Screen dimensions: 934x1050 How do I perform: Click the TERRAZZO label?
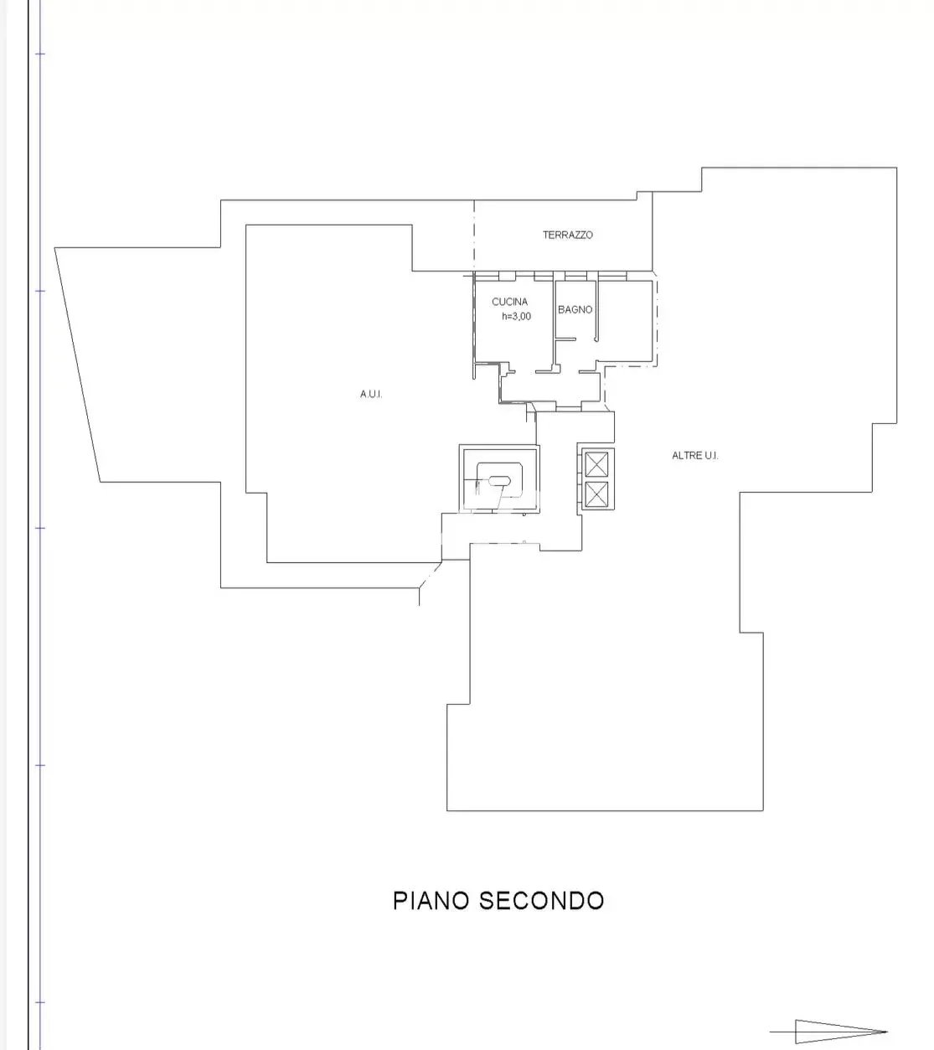pyautogui.click(x=567, y=235)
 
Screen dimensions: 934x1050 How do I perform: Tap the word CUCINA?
pyautogui.click(x=510, y=302)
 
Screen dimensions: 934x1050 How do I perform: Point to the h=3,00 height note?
pyautogui.click(x=516, y=316)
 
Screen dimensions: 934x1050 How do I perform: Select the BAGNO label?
pyautogui.click(x=575, y=309)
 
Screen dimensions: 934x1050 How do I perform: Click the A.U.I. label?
pyautogui.click(x=371, y=395)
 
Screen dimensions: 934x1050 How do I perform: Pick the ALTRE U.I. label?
pyautogui.click(x=694, y=456)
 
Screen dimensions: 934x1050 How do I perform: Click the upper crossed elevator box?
pyautogui.click(x=596, y=464)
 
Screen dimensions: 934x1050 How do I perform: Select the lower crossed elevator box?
pyautogui.click(x=596, y=494)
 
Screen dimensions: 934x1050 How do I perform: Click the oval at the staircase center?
pyautogui.click(x=499, y=482)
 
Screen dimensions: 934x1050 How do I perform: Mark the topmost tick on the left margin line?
pyautogui.click(x=40, y=54)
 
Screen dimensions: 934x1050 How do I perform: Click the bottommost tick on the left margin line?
pyautogui.click(x=40, y=1002)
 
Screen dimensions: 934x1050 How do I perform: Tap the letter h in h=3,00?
pyautogui.click(x=504, y=316)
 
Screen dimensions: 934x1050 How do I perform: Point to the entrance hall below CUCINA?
pyautogui.click(x=550, y=387)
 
